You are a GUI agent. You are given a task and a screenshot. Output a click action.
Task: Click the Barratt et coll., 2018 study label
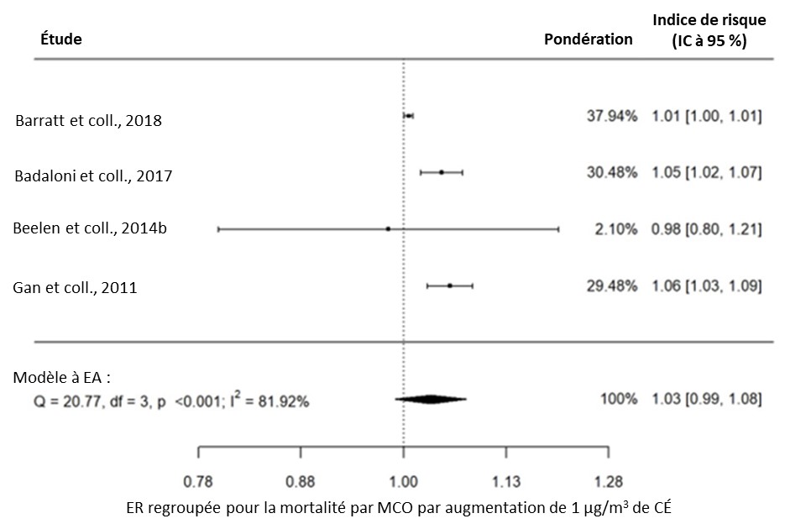pyautogui.click(x=88, y=120)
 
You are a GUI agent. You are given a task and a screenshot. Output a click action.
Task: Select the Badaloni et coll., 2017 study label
pyautogui.click(x=94, y=175)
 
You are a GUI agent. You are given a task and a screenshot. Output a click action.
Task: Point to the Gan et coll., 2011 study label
pyautogui.click(x=75, y=287)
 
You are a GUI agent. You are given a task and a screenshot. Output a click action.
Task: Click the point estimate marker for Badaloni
pyautogui.click(x=441, y=172)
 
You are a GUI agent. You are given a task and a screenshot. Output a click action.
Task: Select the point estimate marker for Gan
pyautogui.click(x=450, y=285)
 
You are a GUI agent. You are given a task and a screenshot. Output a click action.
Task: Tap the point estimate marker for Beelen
pyautogui.click(x=388, y=228)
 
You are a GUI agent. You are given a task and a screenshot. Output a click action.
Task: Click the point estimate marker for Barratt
pyautogui.click(x=408, y=115)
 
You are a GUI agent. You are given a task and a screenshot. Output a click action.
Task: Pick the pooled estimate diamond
pyautogui.click(x=431, y=400)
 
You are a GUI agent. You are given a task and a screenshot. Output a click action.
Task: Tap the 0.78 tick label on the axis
pyautogui.click(x=198, y=482)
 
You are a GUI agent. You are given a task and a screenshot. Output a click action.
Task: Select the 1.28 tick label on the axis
pyautogui.click(x=608, y=482)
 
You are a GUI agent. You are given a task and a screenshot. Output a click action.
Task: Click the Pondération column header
pyautogui.click(x=589, y=39)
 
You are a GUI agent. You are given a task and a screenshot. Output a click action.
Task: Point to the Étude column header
pyautogui.click(x=60, y=39)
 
